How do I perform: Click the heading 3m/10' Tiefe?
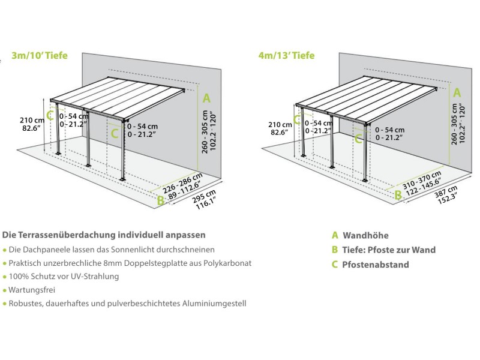(40, 56)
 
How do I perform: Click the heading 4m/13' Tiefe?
(286, 56)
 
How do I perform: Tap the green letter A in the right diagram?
(457, 92)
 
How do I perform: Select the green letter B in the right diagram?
(398, 194)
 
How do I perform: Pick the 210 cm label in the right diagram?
(280, 124)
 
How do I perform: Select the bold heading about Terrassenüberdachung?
(104, 234)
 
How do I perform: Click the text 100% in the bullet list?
(20, 277)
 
